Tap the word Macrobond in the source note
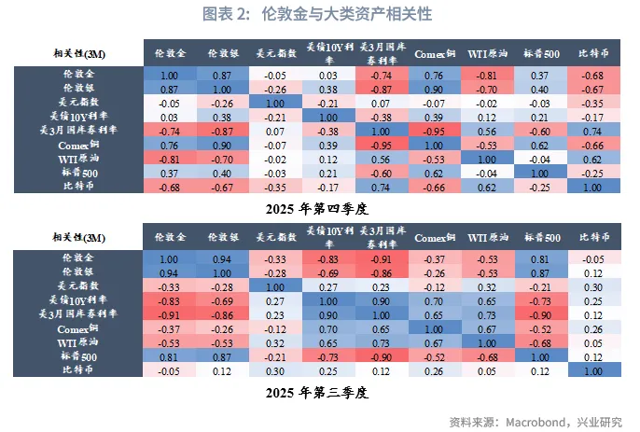pos(535,420)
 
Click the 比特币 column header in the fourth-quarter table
pos(589,51)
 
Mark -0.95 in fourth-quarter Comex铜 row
pos(380,146)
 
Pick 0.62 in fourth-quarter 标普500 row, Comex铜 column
pos(432,173)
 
